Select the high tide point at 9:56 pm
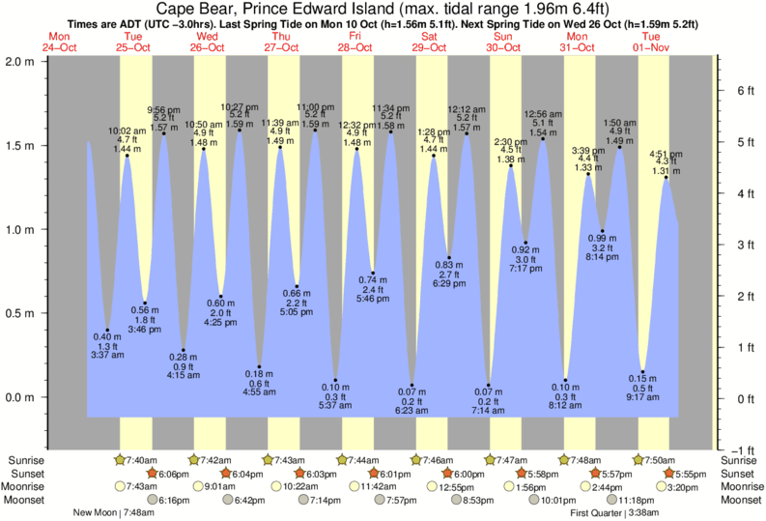(163, 133)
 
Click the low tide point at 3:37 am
(107, 330)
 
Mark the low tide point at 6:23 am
(412, 385)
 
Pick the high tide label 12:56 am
(543, 113)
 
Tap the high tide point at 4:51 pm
(666, 178)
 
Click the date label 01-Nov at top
(654, 45)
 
